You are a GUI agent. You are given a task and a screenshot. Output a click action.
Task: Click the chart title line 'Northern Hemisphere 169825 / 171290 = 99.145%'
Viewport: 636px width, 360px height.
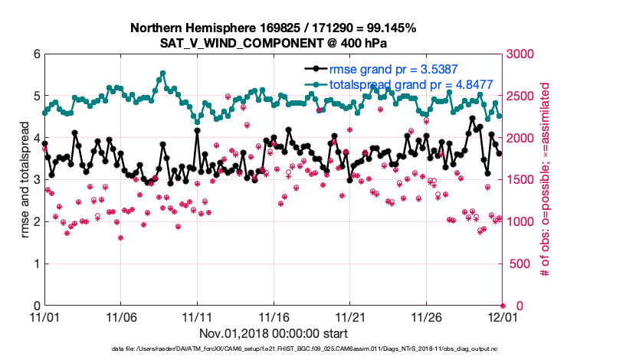(273, 28)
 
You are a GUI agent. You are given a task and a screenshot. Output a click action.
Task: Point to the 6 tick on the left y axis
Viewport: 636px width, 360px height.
(36, 54)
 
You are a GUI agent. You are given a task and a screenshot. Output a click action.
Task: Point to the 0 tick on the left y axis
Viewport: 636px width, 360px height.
(36, 306)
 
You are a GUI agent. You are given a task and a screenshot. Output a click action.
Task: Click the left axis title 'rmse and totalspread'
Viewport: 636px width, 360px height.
(24, 180)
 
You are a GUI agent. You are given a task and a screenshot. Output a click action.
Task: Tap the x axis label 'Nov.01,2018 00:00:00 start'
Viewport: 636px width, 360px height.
(273, 333)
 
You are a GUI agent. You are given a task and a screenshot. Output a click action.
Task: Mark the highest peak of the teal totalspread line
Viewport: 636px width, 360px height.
(162, 74)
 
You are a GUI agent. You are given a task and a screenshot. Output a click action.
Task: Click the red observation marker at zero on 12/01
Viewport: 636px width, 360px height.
(503, 306)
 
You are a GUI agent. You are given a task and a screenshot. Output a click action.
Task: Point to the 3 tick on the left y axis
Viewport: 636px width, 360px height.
(36, 180)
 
